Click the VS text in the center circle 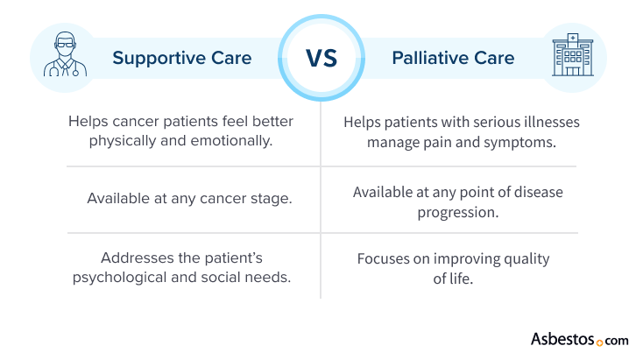321,59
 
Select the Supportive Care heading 181,59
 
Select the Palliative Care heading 453,59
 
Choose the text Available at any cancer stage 189,198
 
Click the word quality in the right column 522,259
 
